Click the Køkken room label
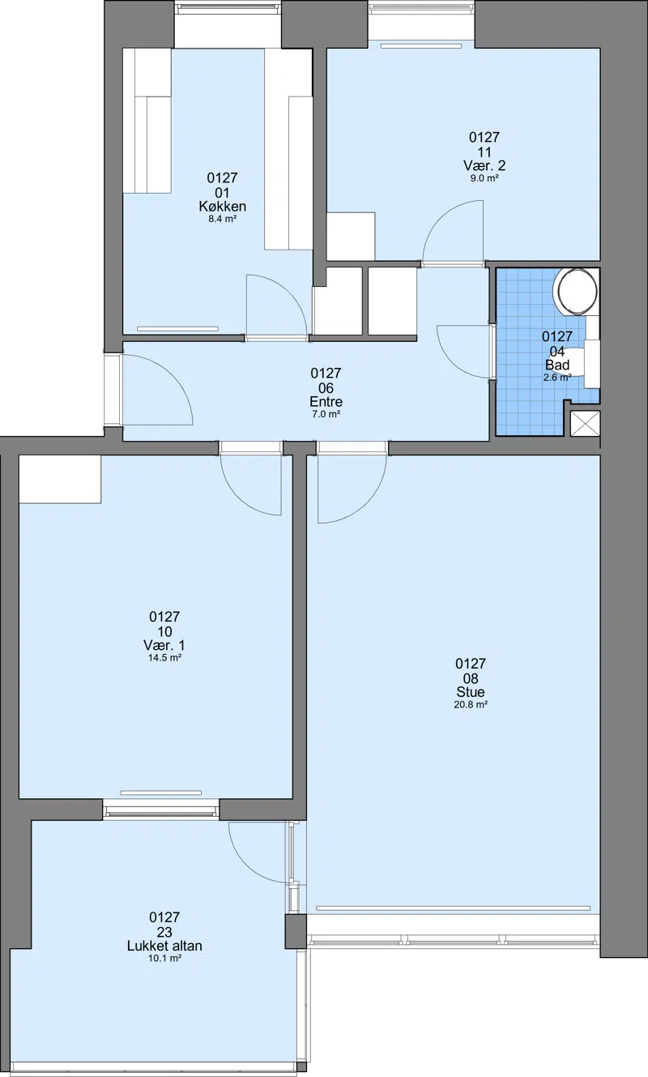click(222, 207)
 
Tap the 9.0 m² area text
click(484, 178)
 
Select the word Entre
click(326, 401)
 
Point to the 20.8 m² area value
click(471, 705)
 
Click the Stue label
click(471, 692)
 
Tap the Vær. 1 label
click(164, 645)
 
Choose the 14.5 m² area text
click(164, 658)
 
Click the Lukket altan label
click(164, 946)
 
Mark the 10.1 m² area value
click(164, 959)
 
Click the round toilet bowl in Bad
click(576, 290)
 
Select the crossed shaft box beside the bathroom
click(585, 424)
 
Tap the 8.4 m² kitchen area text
click(222, 220)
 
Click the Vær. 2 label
click(484, 166)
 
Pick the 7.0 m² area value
click(326, 414)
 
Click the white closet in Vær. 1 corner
click(60, 480)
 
